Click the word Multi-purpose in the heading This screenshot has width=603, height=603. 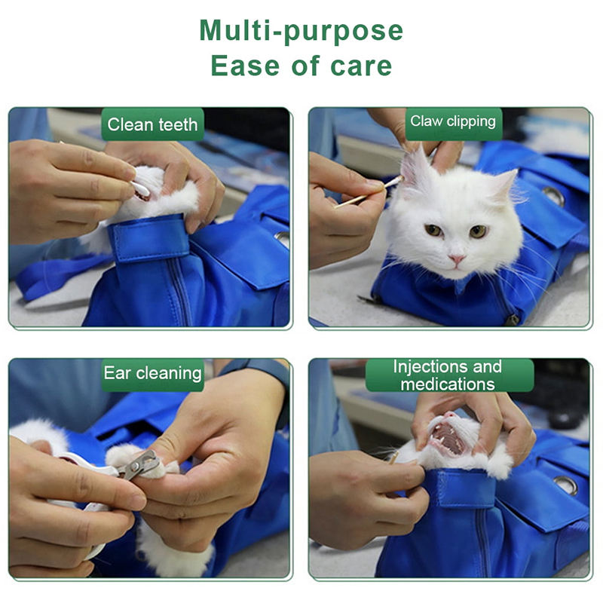[301, 31]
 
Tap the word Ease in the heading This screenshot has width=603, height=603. [244, 66]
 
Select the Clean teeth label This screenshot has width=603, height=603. [152, 124]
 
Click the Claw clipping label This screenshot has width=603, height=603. [454, 121]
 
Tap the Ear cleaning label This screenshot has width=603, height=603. [153, 374]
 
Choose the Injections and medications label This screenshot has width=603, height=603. [448, 375]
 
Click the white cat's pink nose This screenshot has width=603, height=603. [457, 259]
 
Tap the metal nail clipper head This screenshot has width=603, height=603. [140, 465]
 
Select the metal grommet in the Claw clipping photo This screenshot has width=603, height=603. [554, 196]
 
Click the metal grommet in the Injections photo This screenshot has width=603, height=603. [565, 485]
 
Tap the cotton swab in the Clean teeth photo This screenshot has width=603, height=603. [141, 188]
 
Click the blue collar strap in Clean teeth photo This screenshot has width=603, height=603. [150, 238]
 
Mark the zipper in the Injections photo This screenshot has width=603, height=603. [483, 541]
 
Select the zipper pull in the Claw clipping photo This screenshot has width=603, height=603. [512, 320]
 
